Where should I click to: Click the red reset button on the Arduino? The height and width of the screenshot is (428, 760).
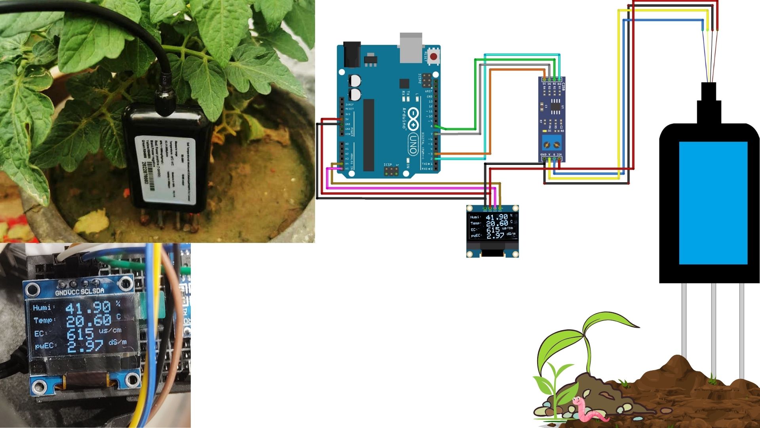(x=434, y=57)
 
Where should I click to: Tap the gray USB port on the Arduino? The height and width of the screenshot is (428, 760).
(x=411, y=48)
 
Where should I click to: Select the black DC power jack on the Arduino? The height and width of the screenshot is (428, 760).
(x=351, y=54)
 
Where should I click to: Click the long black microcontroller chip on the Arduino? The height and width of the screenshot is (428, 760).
(x=369, y=135)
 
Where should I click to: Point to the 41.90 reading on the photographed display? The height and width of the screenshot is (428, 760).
(x=88, y=308)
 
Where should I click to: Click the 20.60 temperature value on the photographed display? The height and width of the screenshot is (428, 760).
(x=88, y=321)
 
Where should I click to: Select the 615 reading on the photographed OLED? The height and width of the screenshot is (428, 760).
(x=80, y=334)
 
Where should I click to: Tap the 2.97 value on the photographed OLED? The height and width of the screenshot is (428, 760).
(x=85, y=346)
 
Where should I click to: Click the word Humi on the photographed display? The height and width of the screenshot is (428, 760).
(x=42, y=308)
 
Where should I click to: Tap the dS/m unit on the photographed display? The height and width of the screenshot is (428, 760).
(x=118, y=342)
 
